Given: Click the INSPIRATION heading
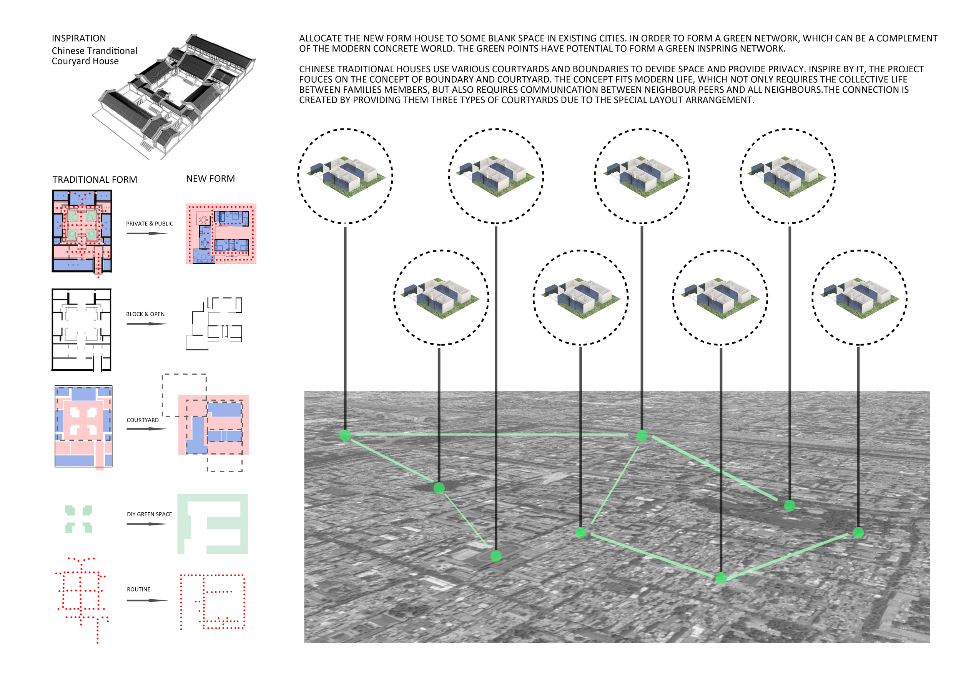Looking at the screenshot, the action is point(79,38).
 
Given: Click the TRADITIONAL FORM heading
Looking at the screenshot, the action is point(95,180).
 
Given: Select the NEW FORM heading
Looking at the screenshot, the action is point(211,179).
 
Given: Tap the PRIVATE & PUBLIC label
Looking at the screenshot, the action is point(150,223).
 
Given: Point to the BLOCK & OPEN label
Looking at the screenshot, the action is point(145,314).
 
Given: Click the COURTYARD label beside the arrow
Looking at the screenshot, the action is point(143,420).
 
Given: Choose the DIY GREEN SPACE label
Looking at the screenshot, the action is point(150,514).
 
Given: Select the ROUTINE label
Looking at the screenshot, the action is point(138,589).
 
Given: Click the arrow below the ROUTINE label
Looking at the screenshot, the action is point(147,600).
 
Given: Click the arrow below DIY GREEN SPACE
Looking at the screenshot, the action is point(147,524).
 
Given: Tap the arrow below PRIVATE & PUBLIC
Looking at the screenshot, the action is point(147,233).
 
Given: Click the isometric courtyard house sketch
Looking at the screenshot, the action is point(174,97).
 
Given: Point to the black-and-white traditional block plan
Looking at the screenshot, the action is point(81,330).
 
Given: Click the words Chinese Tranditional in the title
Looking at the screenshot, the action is point(95,51).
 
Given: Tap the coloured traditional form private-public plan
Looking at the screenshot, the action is point(82,231).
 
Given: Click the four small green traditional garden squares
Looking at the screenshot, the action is point(79,519).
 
